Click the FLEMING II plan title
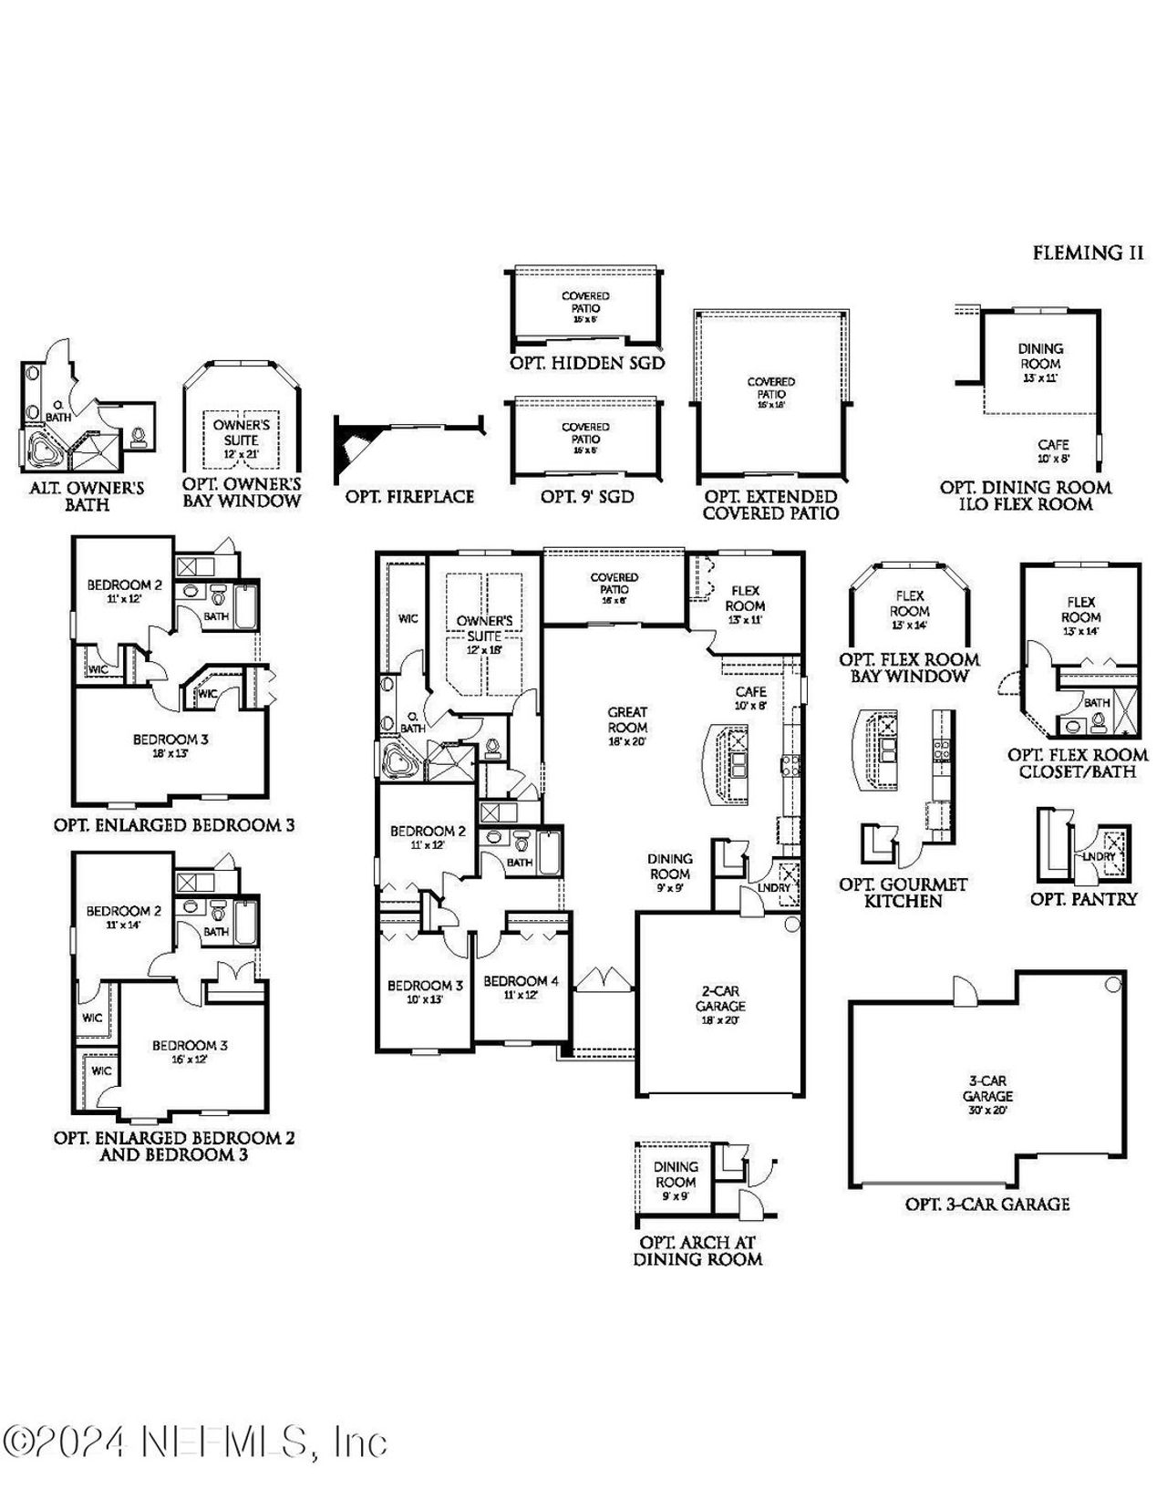point(1087,253)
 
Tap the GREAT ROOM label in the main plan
point(627,719)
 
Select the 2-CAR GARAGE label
point(720,998)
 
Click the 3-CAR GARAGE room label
point(987,1088)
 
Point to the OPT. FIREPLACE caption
point(409,497)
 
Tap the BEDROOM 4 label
point(521,981)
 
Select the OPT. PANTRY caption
point(1083,899)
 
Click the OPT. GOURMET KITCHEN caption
point(903,893)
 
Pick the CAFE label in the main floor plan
point(750,692)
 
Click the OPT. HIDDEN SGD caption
point(586,363)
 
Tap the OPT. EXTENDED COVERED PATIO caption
point(770,504)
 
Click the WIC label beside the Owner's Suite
point(408,618)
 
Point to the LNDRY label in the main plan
point(773,888)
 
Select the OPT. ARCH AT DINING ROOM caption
point(697,1251)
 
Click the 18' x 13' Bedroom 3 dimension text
point(170,754)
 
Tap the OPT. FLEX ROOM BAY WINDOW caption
point(908,667)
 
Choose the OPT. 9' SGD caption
point(586,497)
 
